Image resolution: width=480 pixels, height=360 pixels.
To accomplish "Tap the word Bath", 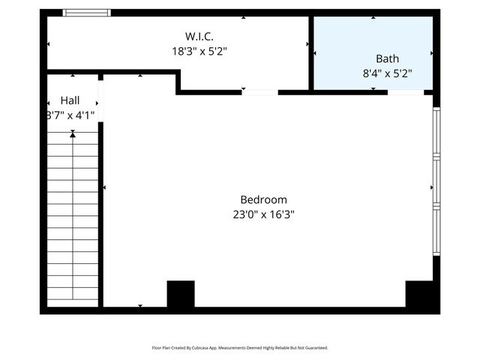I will pyautogui.click(x=387, y=58).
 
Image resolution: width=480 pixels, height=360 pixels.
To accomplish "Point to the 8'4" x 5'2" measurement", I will pyautogui.click(x=387, y=73).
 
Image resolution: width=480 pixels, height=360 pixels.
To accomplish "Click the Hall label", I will pyautogui.click(x=70, y=100).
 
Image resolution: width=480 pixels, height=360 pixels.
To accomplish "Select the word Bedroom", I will pyautogui.click(x=263, y=199).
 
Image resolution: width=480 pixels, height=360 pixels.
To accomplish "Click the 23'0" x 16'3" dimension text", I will pyautogui.click(x=263, y=214).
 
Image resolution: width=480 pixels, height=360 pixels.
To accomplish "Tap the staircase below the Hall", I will pyautogui.click(x=72, y=217).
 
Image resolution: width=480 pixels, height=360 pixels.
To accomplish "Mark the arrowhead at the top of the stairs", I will pyautogui.click(x=73, y=134).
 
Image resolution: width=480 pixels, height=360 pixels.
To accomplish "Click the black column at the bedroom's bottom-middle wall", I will pyautogui.click(x=180, y=294).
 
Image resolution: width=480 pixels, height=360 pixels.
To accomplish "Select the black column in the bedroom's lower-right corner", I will pyautogui.click(x=418, y=294).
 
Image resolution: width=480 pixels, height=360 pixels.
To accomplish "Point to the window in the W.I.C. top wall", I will pyautogui.click(x=86, y=13).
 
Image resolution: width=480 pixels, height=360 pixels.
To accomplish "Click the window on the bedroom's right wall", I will pyautogui.click(x=436, y=180).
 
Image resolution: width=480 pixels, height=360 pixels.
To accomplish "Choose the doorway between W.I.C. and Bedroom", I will pyautogui.click(x=259, y=92).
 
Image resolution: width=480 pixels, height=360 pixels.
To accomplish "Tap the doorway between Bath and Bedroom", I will pyautogui.click(x=405, y=92).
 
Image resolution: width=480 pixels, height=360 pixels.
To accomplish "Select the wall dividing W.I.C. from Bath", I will pyautogui.click(x=310, y=52).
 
